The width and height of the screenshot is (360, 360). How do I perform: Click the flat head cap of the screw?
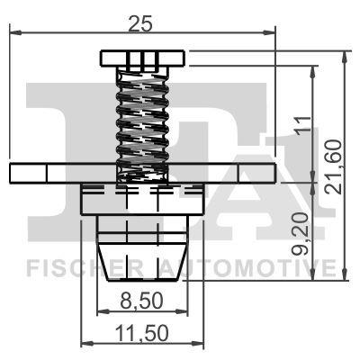pyautogui.click(x=142, y=59)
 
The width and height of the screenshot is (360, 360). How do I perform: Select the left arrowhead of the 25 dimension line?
pyautogui.click(x=13, y=33)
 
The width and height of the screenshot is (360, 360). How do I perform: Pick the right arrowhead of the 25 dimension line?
pyautogui.click(x=271, y=33)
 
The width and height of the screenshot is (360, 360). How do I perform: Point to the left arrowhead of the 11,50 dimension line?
pyautogui.click(x=85, y=343)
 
